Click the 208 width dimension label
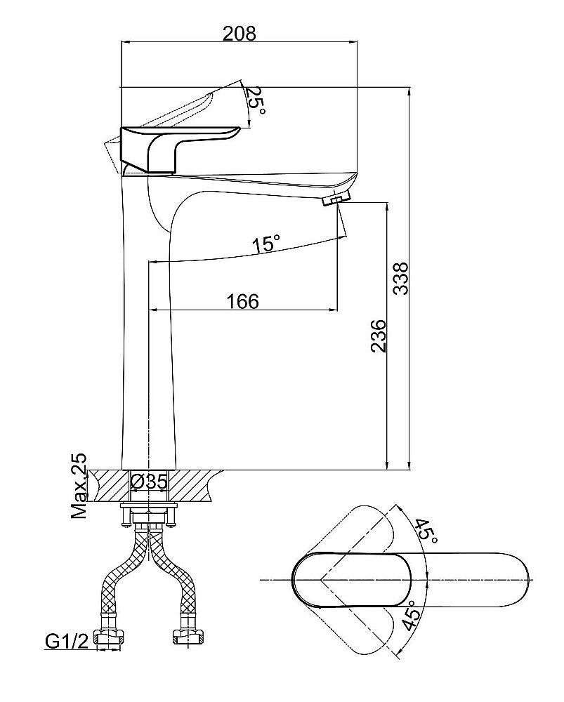(x=240, y=33)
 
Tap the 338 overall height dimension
(x=400, y=278)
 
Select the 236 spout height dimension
(x=378, y=336)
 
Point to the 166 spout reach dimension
(x=242, y=301)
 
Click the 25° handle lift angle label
(x=256, y=100)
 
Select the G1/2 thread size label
(x=67, y=642)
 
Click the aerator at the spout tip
(x=336, y=199)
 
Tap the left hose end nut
(x=108, y=637)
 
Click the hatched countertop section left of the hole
(x=108, y=486)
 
